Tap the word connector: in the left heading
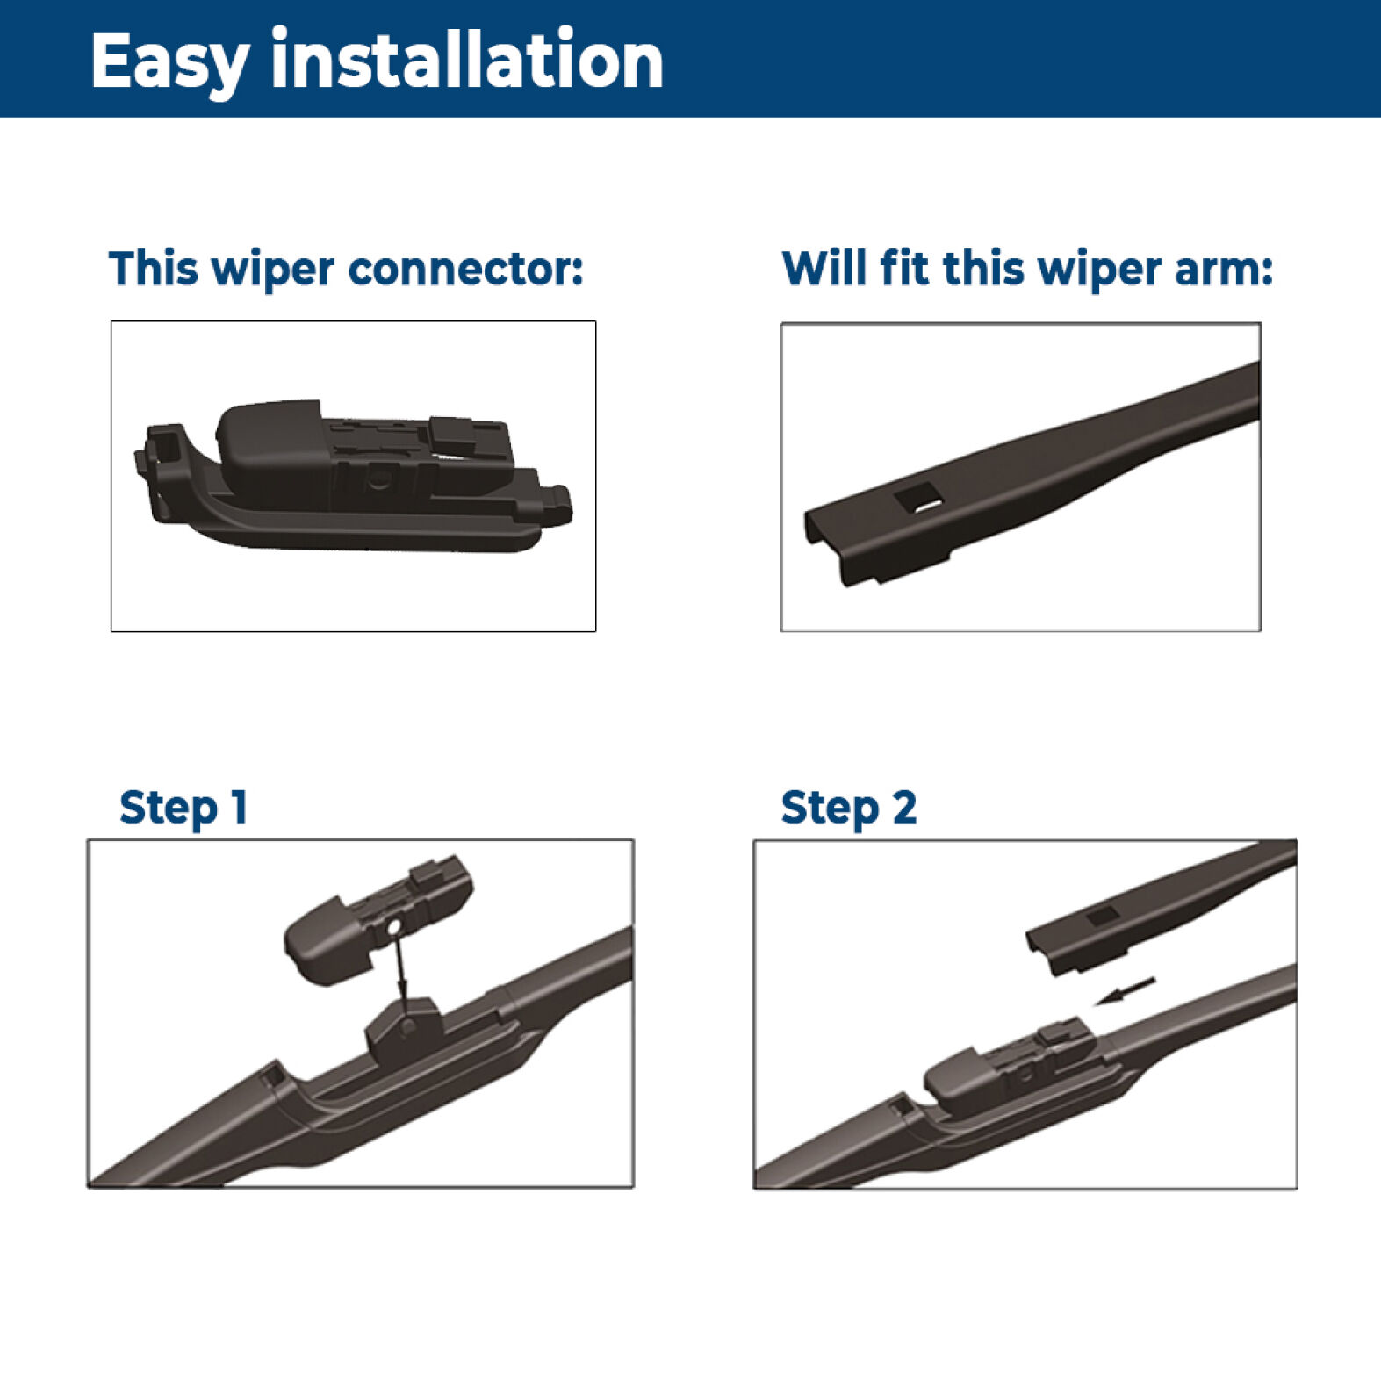[x=465, y=269]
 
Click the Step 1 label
[x=183, y=808]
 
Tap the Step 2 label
[x=849, y=808]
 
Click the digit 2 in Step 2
[x=904, y=806]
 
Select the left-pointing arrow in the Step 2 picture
[x=1125, y=991]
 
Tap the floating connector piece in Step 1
[x=378, y=918]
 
